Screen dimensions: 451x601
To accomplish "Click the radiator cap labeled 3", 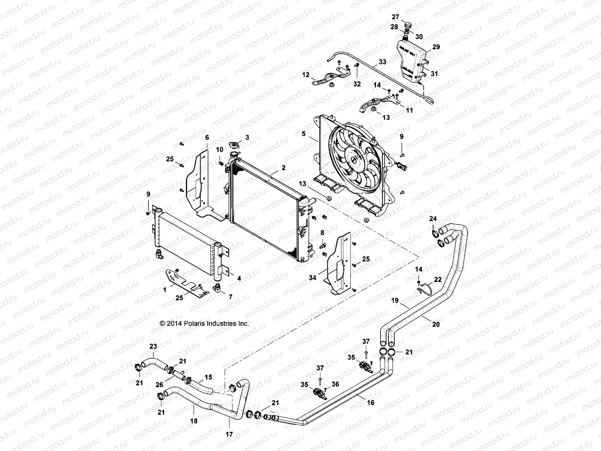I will coord(235,145).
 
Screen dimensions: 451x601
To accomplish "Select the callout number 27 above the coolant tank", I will coord(395,17).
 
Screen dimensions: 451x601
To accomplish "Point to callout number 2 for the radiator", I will coord(284,168).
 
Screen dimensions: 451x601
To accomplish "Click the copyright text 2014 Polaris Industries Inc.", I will coord(204,323).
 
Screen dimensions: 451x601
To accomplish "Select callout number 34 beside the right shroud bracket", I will coord(323,277).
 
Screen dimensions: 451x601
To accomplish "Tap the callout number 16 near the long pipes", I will coord(371,403).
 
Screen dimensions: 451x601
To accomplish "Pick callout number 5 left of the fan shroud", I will coord(304,133).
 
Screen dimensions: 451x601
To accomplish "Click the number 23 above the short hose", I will coord(153,346).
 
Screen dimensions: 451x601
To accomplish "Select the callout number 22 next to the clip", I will coord(438,280).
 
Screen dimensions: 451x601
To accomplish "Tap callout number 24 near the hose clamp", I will coord(433,218).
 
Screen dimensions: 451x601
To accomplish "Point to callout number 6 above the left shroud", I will coord(207,138).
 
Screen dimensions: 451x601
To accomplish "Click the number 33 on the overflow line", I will coord(382,62).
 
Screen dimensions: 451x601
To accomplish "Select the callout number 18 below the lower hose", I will coord(194,421).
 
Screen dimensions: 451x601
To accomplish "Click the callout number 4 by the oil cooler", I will coord(239,278).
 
